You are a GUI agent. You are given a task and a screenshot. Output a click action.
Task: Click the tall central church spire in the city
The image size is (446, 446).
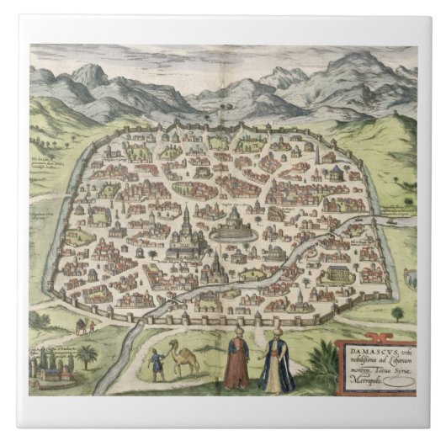pos(184,220)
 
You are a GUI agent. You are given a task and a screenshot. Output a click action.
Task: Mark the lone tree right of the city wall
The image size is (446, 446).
pos(396,312)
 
